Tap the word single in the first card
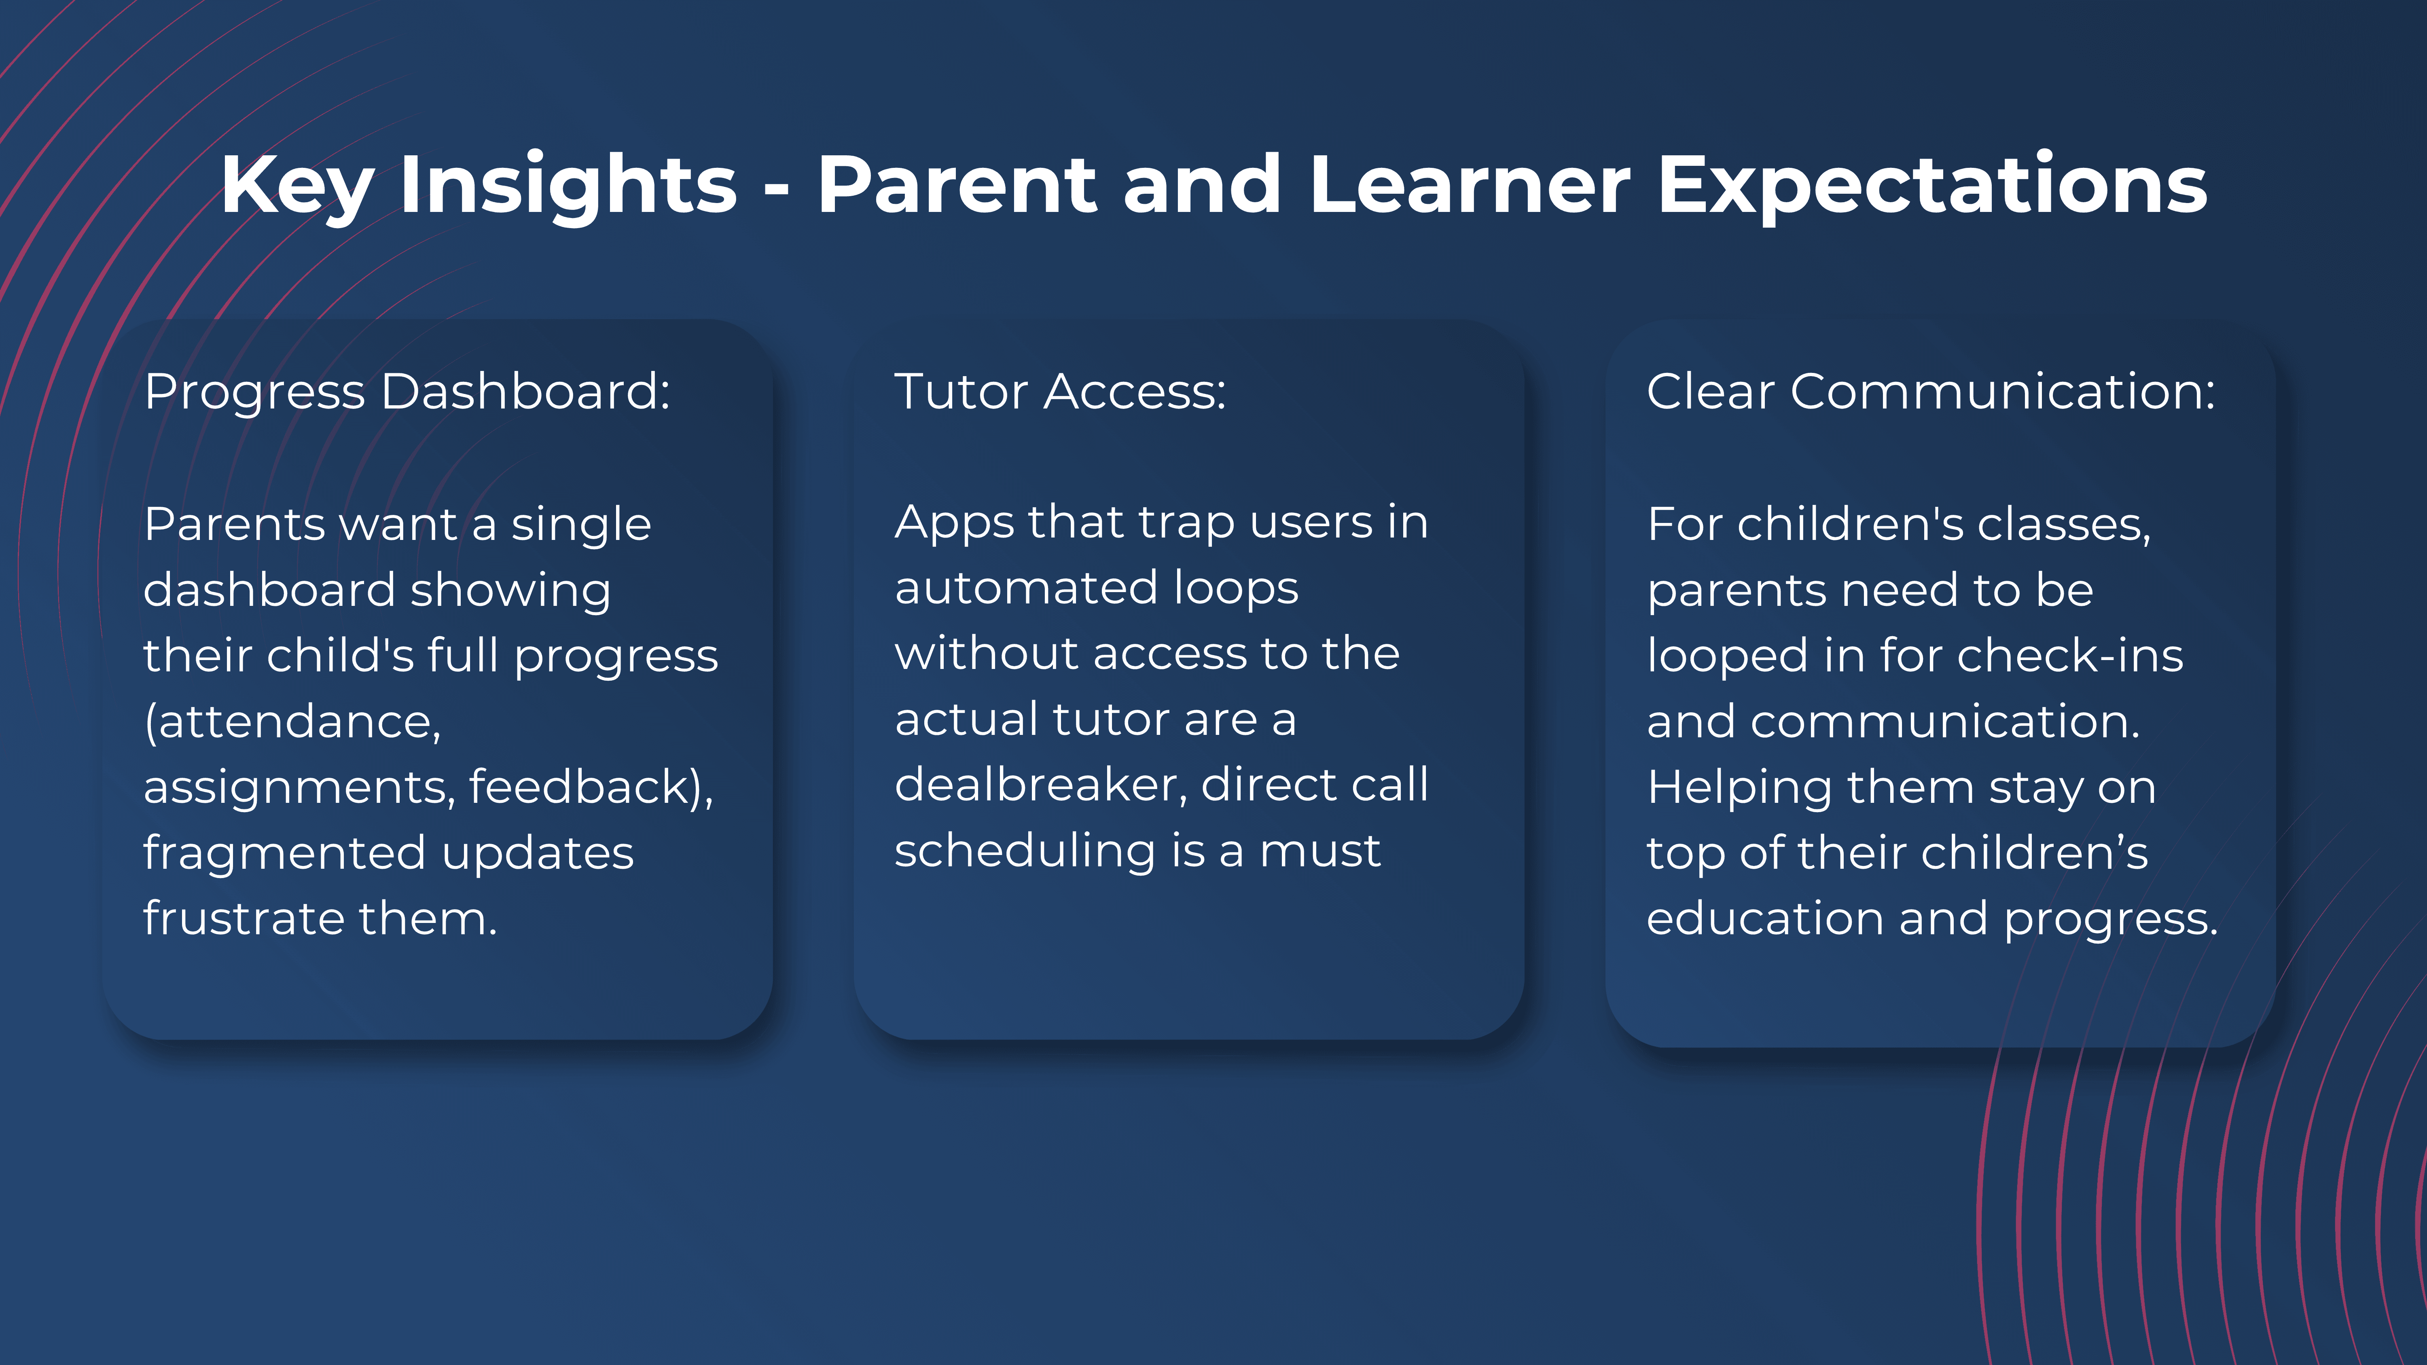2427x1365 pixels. click(581, 525)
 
